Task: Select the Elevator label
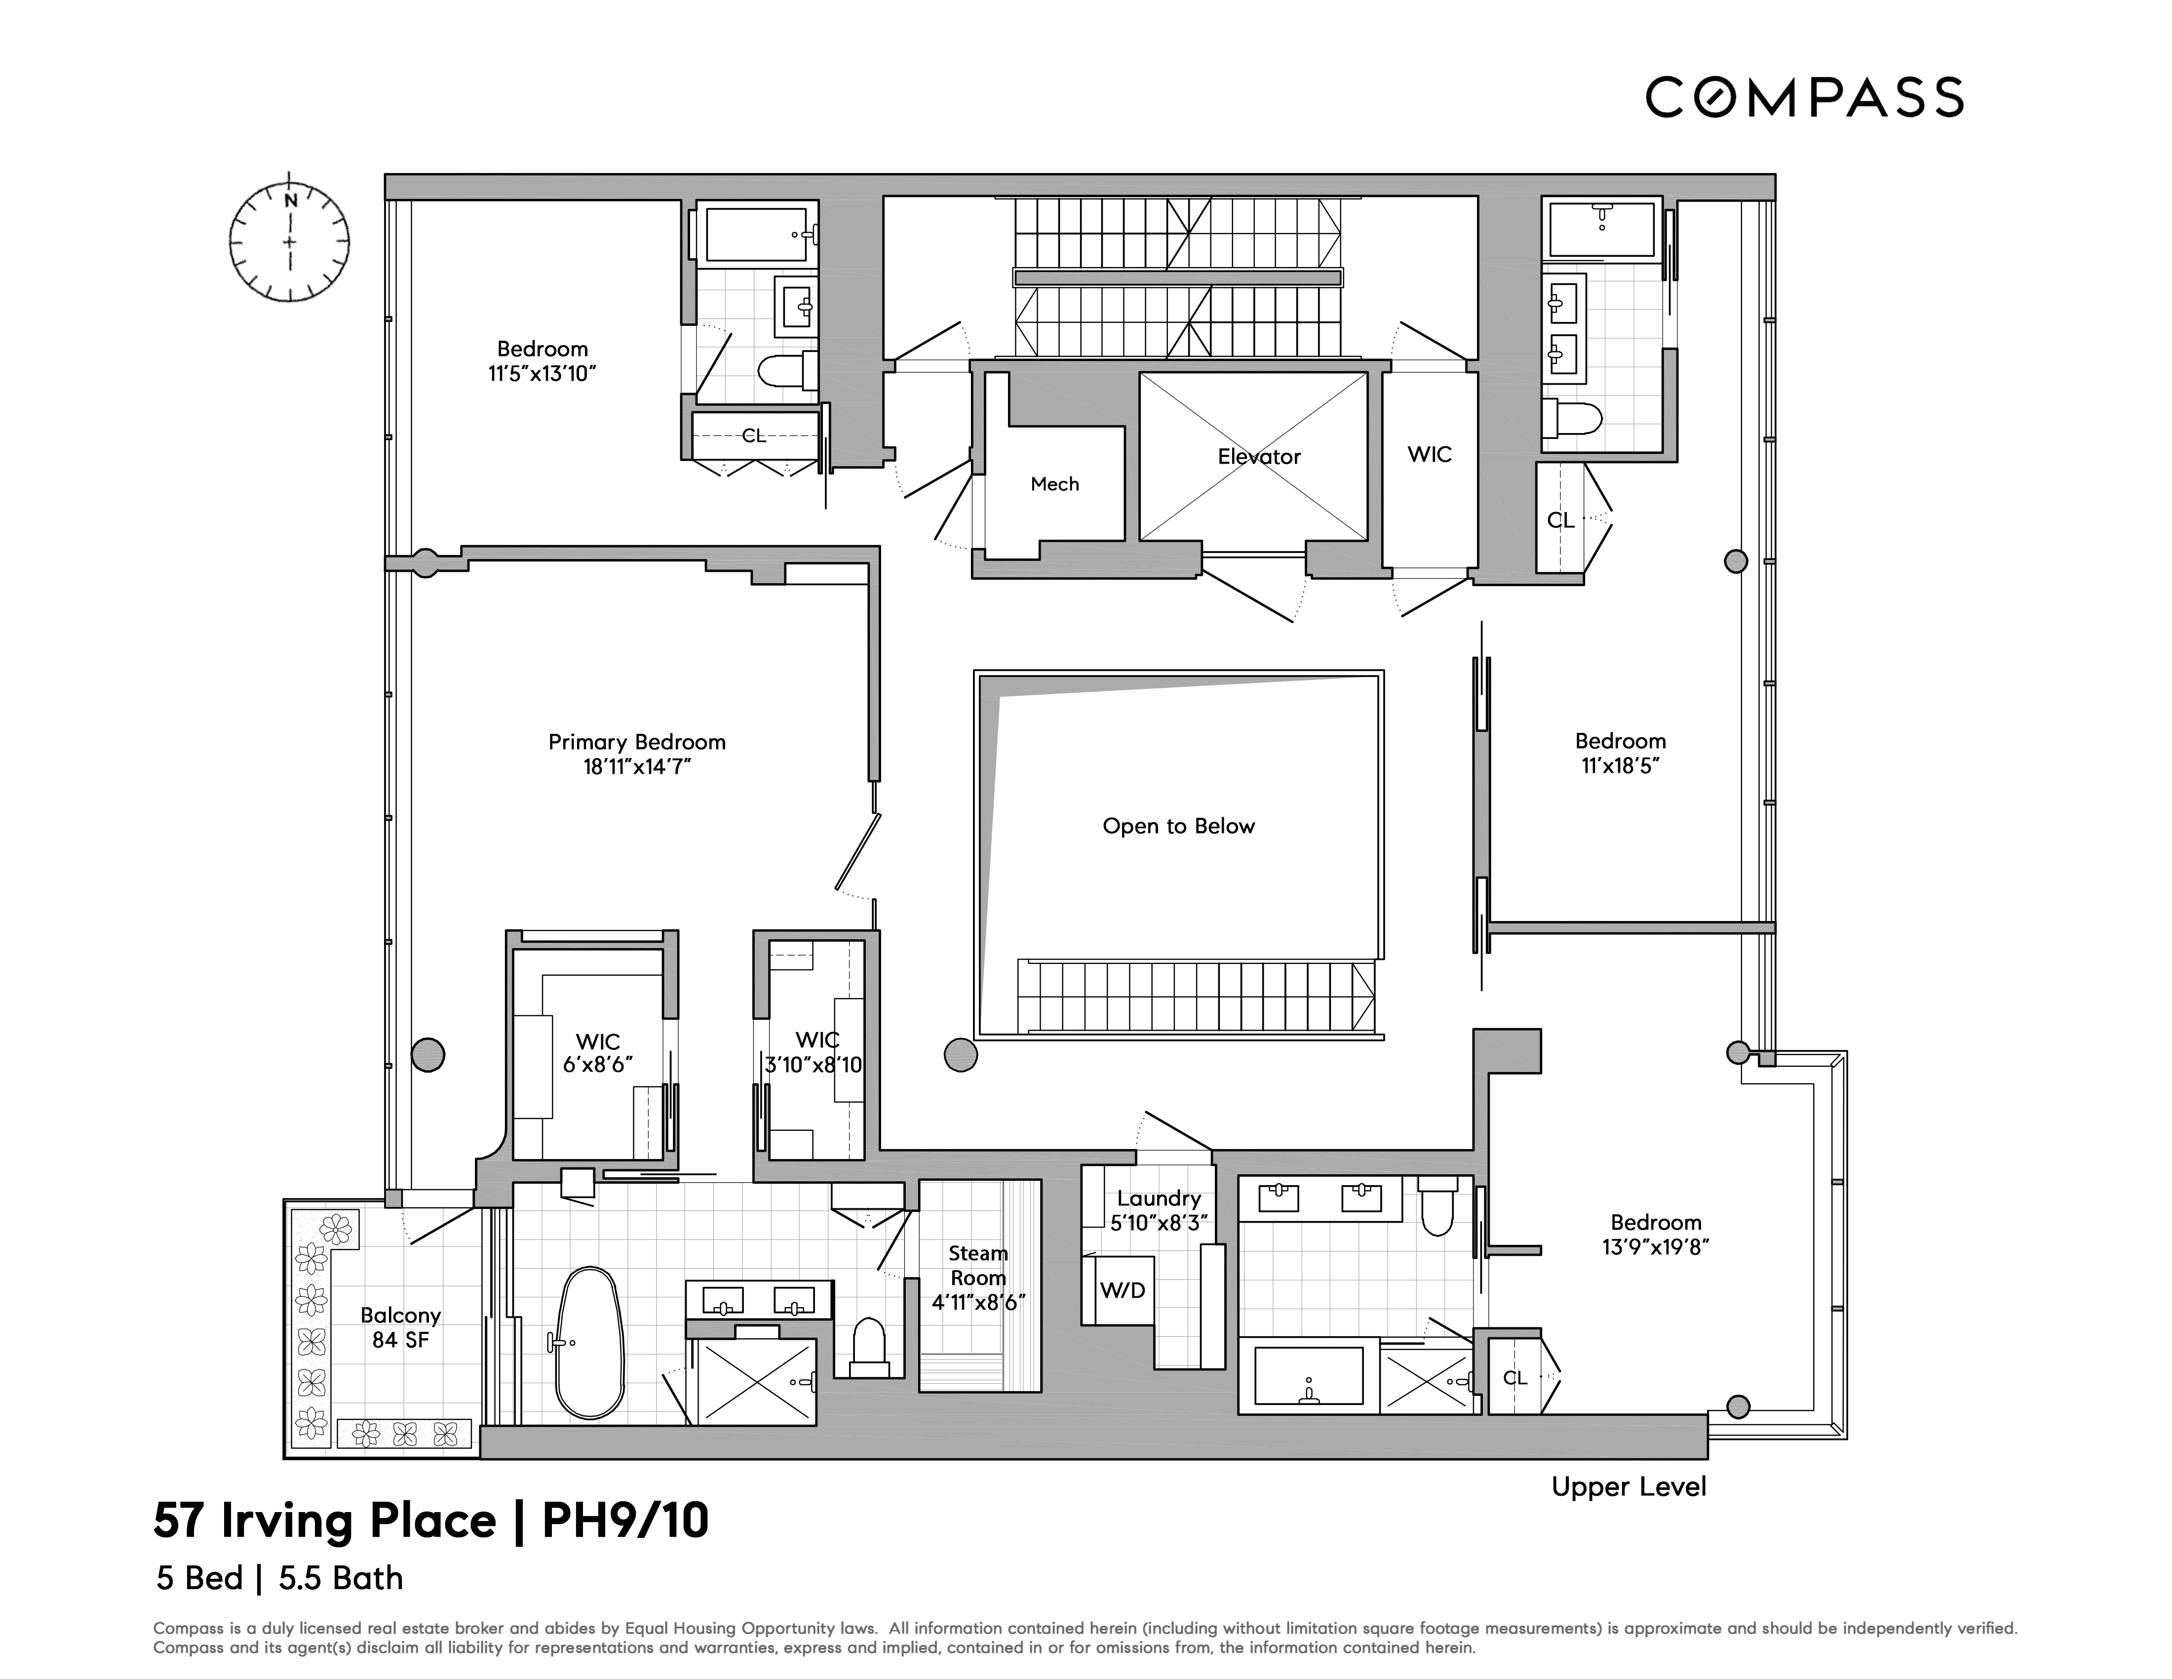point(1259,457)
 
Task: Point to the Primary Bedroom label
point(636,742)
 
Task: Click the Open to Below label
point(1178,827)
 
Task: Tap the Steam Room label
point(977,1265)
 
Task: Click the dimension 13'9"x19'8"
point(1656,1247)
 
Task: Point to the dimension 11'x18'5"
point(1620,766)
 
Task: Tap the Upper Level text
point(1628,1487)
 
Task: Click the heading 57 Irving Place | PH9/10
point(430,1521)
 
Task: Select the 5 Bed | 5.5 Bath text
point(279,1579)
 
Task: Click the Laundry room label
point(1159,1199)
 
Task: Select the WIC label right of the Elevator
point(1429,454)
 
